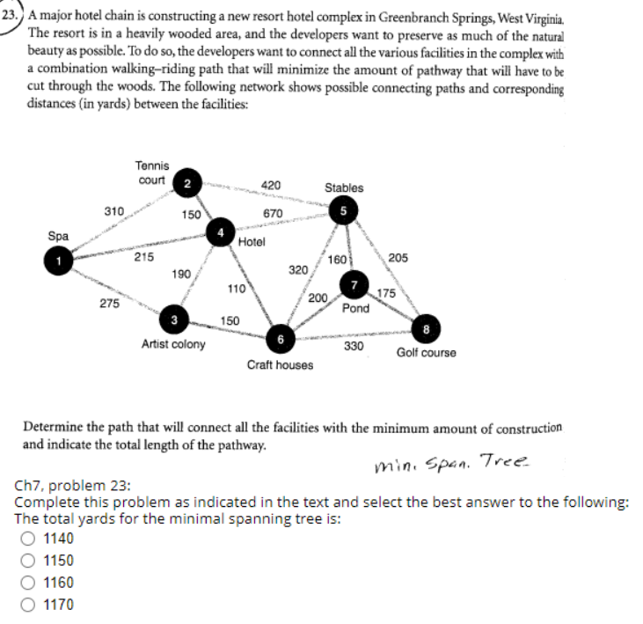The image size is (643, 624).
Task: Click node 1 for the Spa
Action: point(58,260)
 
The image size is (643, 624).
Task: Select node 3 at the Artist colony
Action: point(174,318)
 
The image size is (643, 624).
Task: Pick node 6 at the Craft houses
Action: point(280,339)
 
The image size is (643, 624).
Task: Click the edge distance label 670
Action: point(272,214)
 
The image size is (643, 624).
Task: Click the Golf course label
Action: point(426,353)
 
